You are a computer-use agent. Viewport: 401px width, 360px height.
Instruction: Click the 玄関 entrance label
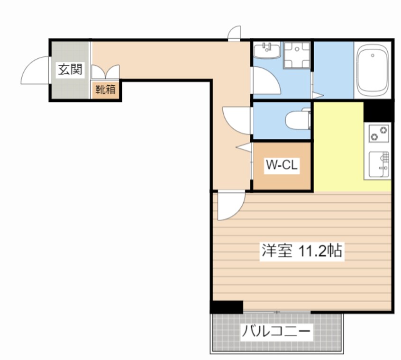click(71, 70)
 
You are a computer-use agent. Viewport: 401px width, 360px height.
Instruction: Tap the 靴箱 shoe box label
click(106, 90)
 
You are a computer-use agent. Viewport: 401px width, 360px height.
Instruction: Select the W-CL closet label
click(282, 165)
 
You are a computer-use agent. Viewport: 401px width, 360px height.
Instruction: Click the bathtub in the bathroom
click(374, 70)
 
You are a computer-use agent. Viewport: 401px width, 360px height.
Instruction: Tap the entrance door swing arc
click(36, 70)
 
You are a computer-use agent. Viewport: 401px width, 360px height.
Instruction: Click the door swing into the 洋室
click(229, 206)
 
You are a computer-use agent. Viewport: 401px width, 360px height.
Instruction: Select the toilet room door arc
click(236, 119)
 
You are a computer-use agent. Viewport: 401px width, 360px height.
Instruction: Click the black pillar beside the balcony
click(227, 307)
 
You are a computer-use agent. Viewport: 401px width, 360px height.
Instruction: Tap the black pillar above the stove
click(378, 111)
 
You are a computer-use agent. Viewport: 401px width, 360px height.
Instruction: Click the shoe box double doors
click(105, 72)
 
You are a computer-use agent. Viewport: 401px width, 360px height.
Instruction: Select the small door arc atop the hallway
click(234, 33)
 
